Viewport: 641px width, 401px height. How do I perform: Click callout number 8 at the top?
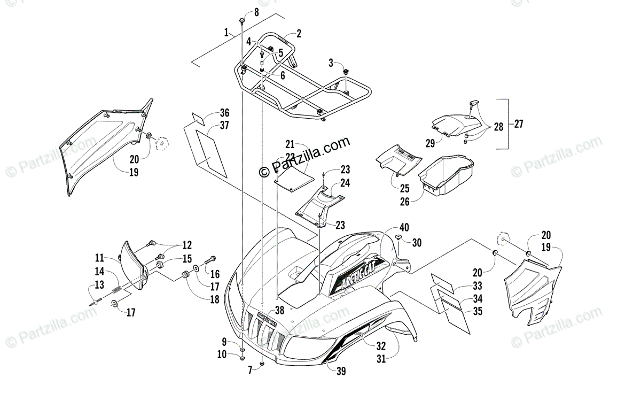point(256,12)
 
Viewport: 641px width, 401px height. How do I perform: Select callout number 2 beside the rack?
point(299,34)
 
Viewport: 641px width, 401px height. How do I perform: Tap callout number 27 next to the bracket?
point(518,124)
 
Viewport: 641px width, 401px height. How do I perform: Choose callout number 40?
point(404,228)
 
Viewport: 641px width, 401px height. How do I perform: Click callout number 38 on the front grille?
point(279,310)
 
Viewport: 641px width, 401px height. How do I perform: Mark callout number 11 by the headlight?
point(100,257)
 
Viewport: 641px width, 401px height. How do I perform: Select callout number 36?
point(224,113)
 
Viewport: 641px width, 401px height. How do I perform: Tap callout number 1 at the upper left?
point(226,33)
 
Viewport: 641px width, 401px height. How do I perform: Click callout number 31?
point(380,359)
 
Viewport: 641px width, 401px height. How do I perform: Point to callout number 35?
point(478,311)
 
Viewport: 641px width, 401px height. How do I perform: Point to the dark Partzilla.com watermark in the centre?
point(304,157)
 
